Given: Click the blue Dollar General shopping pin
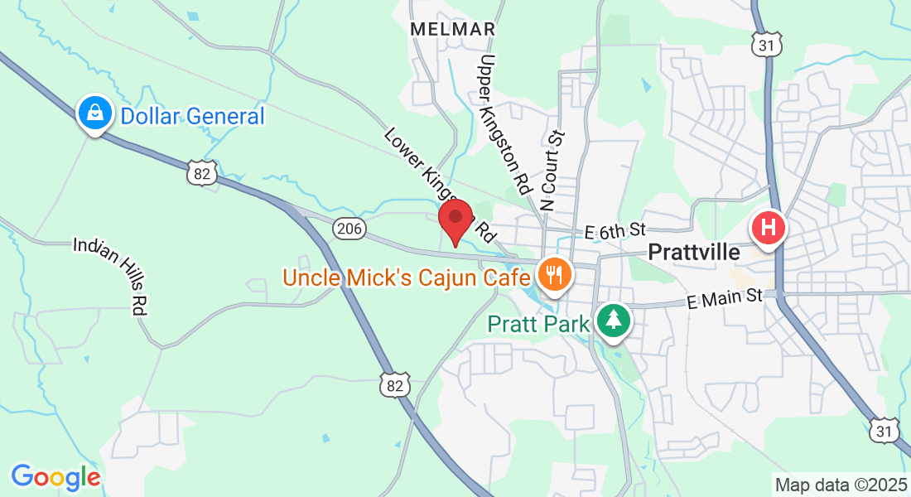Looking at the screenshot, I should [95, 112].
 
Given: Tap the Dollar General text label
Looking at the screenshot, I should [192, 116].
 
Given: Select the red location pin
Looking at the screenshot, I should [455, 220].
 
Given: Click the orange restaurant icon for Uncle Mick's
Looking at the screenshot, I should [552, 273].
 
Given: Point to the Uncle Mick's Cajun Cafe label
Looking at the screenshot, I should [406, 277].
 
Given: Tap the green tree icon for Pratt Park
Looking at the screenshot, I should [614, 319].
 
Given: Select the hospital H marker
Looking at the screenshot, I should [768, 226].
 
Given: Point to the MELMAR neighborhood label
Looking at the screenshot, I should [453, 29].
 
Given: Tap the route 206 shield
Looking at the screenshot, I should [350, 229].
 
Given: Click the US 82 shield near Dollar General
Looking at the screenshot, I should [202, 173].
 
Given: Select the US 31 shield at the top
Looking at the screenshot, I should [768, 45].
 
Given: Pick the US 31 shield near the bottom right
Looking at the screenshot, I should [884, 428].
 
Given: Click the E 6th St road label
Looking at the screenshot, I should [614, 230].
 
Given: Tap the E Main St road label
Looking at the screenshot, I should [724, 297].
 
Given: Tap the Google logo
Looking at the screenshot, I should [55, 477].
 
